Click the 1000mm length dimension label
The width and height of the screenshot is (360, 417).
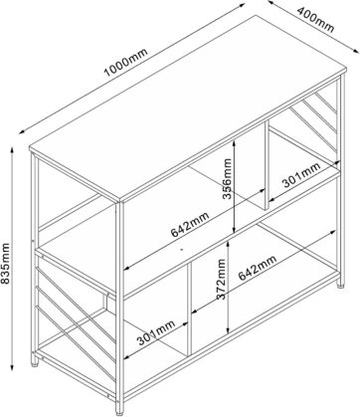pyautogui.click(x=125, y=63)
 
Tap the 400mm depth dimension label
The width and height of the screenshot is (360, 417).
pyautogui.click(x=315, y=19)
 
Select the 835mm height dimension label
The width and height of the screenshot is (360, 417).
pyautogui.click(x=5, y=264)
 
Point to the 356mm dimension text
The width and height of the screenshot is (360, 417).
pyautogui.click(x=227, y=179)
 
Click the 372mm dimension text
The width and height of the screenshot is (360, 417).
pyautogui.click(x=221, y=279)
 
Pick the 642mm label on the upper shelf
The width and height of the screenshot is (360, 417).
pyautogui.click(x=190, y=225)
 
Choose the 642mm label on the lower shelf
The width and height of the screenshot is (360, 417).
pyautogui.click(x=258, y=268)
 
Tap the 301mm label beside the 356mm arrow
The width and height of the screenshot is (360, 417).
pyautogui.click(x=301, y=174)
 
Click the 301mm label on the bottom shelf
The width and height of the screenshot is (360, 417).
pyautogui.click(x=156, y=332)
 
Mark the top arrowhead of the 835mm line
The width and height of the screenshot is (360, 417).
pyautogui.click(x=12, y=149)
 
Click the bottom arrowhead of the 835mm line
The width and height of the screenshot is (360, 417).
pyautogui.click(x=12, y=367)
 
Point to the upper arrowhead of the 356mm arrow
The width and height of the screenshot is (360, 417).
pyautogui.click(x=234, y=142)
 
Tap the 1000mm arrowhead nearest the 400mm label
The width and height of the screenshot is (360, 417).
pyautogui.click(x=242, y=5)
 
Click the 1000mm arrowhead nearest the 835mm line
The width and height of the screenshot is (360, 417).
pyautogui.click(x=22, y=131)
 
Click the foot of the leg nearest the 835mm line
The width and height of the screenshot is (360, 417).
pyautogui.click(x=35, y=363)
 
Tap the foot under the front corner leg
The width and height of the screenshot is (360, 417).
pyautogui.click(x=120, y=413)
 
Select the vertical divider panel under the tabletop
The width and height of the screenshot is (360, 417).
pyautogui.click(x=267, y=165)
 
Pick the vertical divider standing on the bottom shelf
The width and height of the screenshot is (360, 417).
pyautogui.click(x=190, y=309)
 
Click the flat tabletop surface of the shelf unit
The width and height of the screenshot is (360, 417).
pyautogui.click(x=188, y=108)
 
